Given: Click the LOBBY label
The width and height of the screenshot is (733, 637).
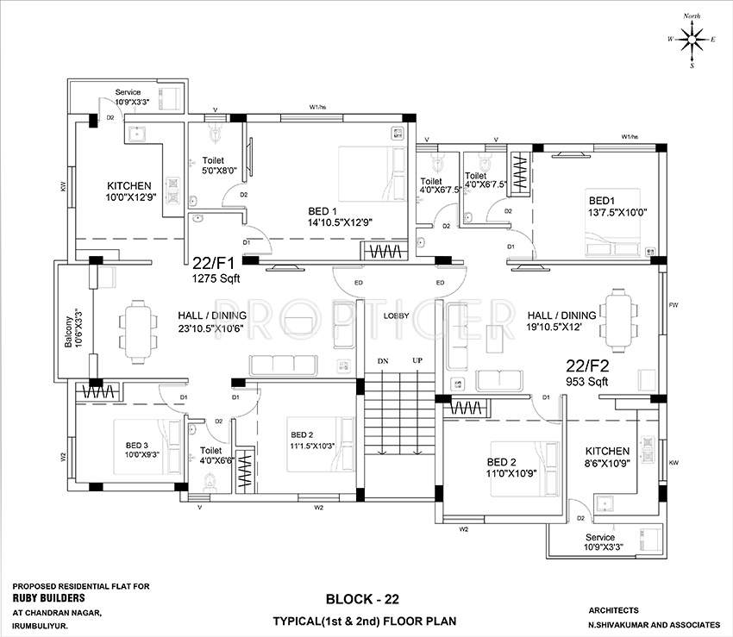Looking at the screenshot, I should (396, 316).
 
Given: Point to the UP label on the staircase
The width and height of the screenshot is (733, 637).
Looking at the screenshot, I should (417, 360).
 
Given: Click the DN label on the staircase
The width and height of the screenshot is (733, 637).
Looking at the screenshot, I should (382, 360).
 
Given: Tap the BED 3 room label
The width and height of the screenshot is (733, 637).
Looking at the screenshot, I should (138, 446).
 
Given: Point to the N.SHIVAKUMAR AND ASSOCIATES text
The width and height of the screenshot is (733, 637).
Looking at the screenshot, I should (655, 623).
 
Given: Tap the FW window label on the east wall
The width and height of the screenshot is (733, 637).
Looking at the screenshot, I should (673, 305).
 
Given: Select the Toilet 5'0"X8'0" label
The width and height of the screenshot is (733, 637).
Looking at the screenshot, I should (219, 165).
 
